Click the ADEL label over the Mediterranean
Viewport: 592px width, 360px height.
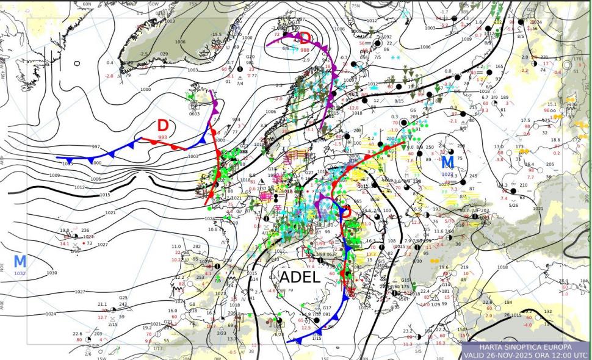click(x=299, y=277)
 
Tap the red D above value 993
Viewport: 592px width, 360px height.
click(x=163, y=126)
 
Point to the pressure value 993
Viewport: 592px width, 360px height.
click(x=162, y=137)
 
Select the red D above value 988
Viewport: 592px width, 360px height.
click(x=305, y=39)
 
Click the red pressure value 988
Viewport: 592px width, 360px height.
click(x=305, y=50)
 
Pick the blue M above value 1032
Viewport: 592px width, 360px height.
click(x=20, y=261)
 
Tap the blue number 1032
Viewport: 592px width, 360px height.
click(x=20, y=273)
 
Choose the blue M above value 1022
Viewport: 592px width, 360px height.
click(x=447, y=162)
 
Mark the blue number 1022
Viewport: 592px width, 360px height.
click(x=447, y=174)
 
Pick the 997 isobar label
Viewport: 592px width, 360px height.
click(x=96, y=147)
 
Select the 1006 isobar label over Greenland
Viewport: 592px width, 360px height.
click(x=179, y=41)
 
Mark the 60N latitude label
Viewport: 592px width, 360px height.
click(x=87, y=4)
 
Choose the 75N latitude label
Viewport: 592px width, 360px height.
click(x=193, y=4)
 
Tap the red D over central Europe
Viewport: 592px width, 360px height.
click(x=345, y=212)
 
